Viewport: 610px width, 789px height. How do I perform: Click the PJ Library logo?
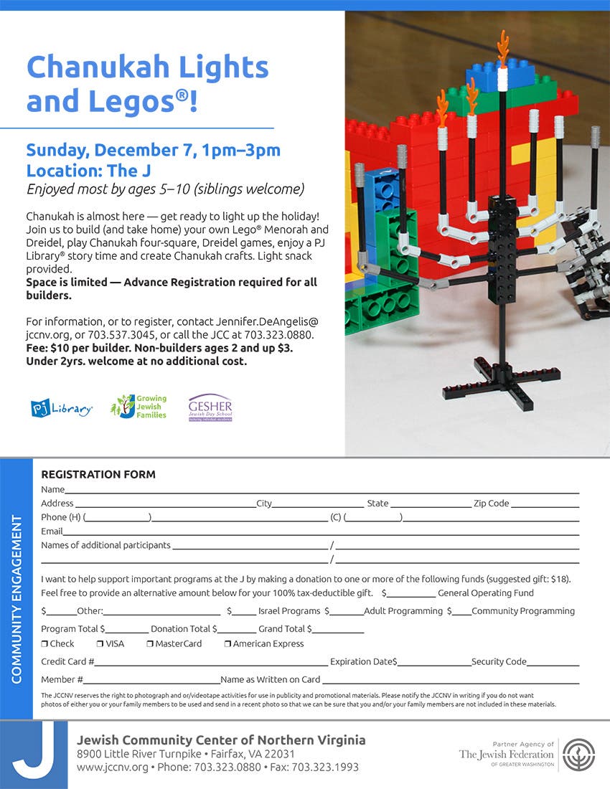click(62, 408)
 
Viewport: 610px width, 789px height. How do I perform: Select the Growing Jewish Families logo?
click(139, 407)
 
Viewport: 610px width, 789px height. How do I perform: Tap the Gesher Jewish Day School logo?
click(210, 407)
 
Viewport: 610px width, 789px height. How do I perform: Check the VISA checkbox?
click(100, 644)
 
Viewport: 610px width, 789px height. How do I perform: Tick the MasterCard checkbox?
click(150, 644)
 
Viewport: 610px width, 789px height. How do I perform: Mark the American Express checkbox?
click(227, 644)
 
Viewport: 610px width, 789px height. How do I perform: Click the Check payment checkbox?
click(44, 644)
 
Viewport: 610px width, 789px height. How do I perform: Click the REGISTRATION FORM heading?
click(98, 474)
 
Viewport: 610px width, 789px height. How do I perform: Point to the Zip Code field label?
click(491, 504)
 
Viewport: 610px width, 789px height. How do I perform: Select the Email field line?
click(320, 532)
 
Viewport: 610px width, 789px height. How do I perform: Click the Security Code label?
click(499, 662)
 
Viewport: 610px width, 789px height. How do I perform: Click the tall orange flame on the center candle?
click(503, 49)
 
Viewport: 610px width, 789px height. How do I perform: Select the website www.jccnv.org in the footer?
click(113, 767)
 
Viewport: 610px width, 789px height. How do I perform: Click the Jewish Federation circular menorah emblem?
click(578, 755)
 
